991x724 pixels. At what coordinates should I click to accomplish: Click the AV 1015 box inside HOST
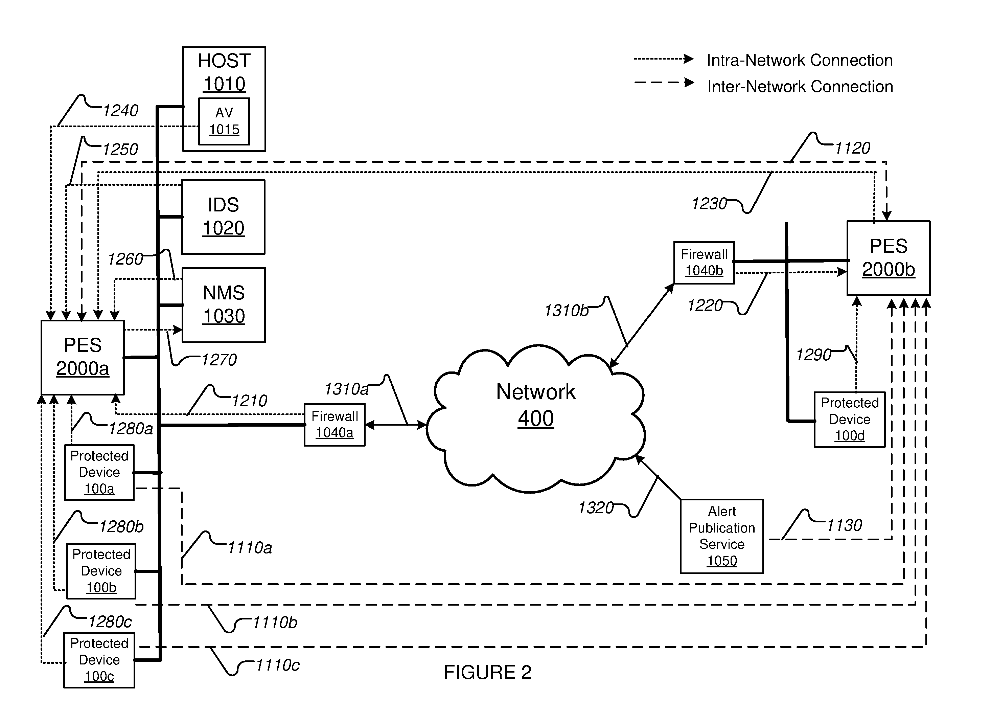tap(224, 121)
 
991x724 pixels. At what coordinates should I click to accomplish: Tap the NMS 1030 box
tap(224, 305)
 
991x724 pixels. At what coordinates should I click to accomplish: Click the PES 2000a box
tap(83, 358)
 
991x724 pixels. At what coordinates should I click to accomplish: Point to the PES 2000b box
tap(889, 258)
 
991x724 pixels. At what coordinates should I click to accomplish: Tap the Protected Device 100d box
tap(850, 420)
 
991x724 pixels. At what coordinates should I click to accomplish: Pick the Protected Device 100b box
tap(101, 571)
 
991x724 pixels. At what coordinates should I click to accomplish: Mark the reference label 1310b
tap(567, 310)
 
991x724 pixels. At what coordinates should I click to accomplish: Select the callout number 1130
tap(844, 525)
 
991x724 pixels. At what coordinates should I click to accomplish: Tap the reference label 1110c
tap(277, 665)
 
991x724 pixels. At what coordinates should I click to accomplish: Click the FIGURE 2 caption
tap(488, 672)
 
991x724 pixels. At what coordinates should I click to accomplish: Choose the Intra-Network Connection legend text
tap(800, 60)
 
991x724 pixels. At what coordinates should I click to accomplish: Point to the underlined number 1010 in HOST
tap(224, 84)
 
